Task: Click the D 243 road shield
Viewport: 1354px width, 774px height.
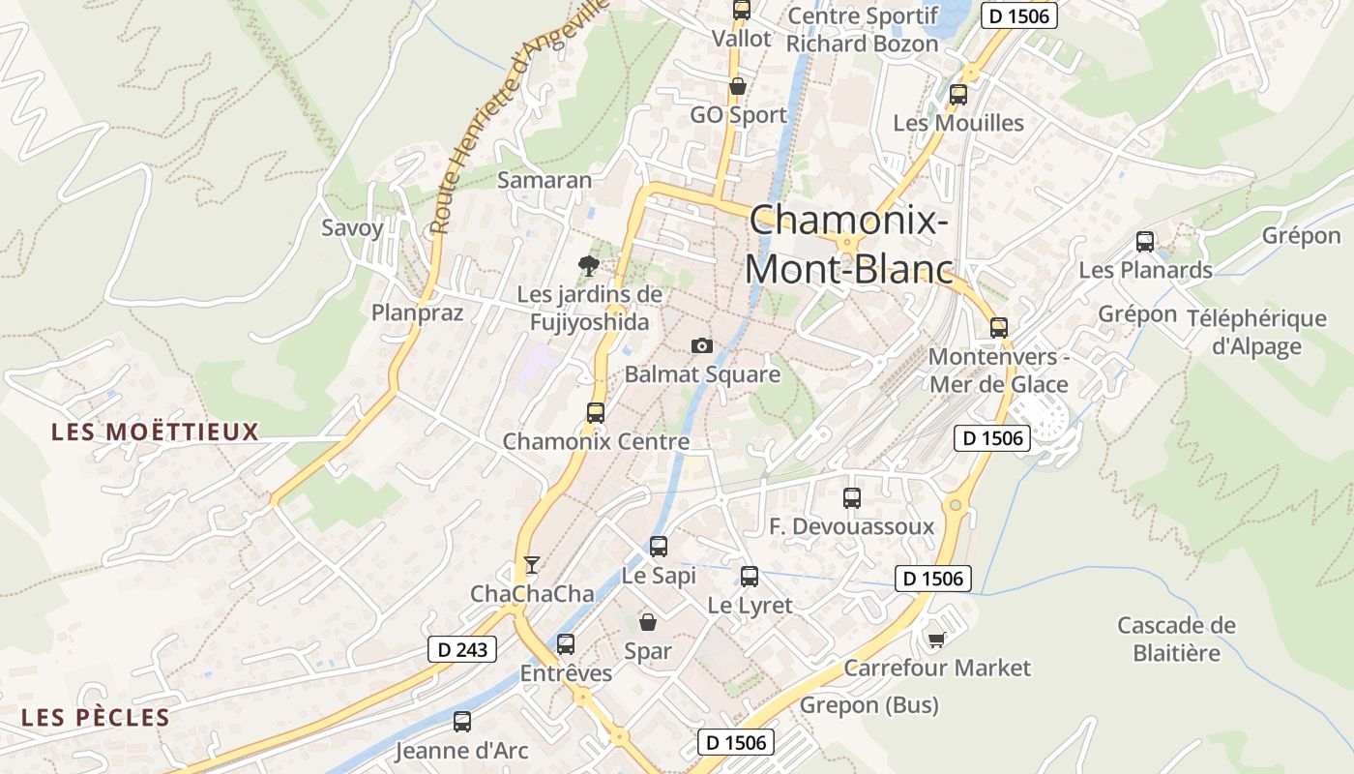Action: click(x=462, y=649)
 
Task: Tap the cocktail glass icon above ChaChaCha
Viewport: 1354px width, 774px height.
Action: click(x=531, y=564)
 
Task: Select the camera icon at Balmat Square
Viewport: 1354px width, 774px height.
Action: click(x=702, y=345)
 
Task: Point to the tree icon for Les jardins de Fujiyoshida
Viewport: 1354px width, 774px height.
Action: click(x=587, y=265)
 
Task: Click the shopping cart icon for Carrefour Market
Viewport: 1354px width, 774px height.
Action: click(x=936, y=640)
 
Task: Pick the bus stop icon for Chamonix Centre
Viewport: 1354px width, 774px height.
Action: click(x=596, y=412)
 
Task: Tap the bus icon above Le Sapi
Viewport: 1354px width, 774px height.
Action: click(x=659, y=547)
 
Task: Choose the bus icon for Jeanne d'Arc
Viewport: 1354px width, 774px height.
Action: click(x=462, y=721)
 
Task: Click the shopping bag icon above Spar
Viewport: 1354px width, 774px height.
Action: click(x=648, y=622)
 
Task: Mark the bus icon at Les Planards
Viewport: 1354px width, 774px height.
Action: click(x=1145, y=242)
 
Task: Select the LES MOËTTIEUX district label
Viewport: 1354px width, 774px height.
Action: click(x=156, y=432)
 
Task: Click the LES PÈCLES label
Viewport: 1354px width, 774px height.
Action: click(x=96, y=718)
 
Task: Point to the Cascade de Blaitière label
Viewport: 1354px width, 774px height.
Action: click(x=1176, y=639)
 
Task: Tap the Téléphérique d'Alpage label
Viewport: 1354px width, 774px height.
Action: click(x=1256, y=332)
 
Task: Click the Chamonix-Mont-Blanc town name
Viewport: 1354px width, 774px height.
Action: click(x=848, y=244)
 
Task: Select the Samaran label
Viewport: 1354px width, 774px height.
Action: click(x=545, y=180)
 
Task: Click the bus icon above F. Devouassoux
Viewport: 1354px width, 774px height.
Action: click(x=852, y=498)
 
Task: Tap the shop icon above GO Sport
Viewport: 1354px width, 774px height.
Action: click(x=738, y=86)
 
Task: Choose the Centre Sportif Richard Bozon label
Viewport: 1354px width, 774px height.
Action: click(x=862, y=30)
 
